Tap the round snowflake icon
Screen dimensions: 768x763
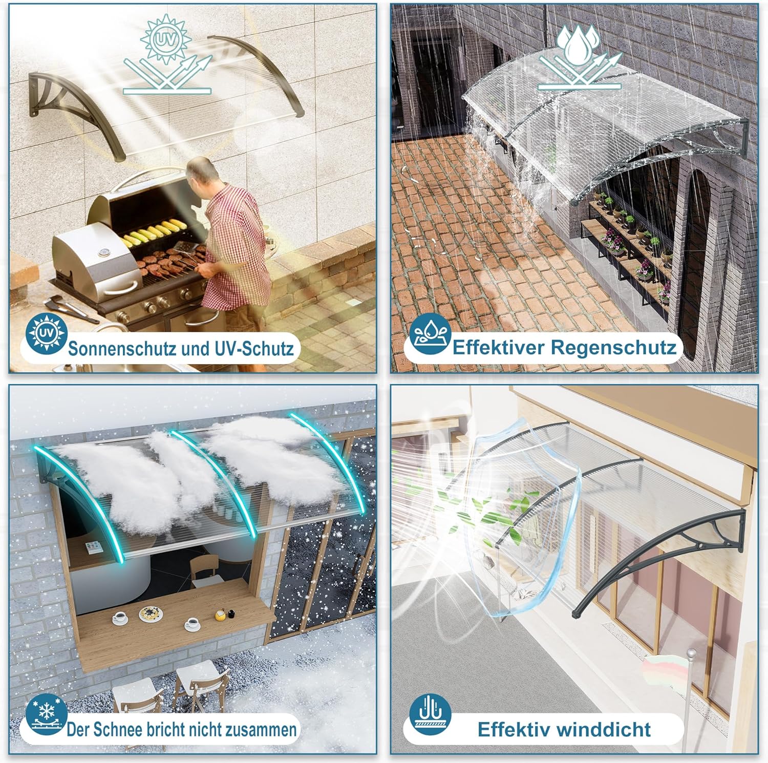tap(47, 714)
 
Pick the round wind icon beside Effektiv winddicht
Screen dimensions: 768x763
tap(430, 714)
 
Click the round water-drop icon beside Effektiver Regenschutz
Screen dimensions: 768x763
tap(430, 335)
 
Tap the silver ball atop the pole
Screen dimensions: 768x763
tap(691, 654)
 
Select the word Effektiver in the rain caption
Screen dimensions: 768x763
tap(498, 347)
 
